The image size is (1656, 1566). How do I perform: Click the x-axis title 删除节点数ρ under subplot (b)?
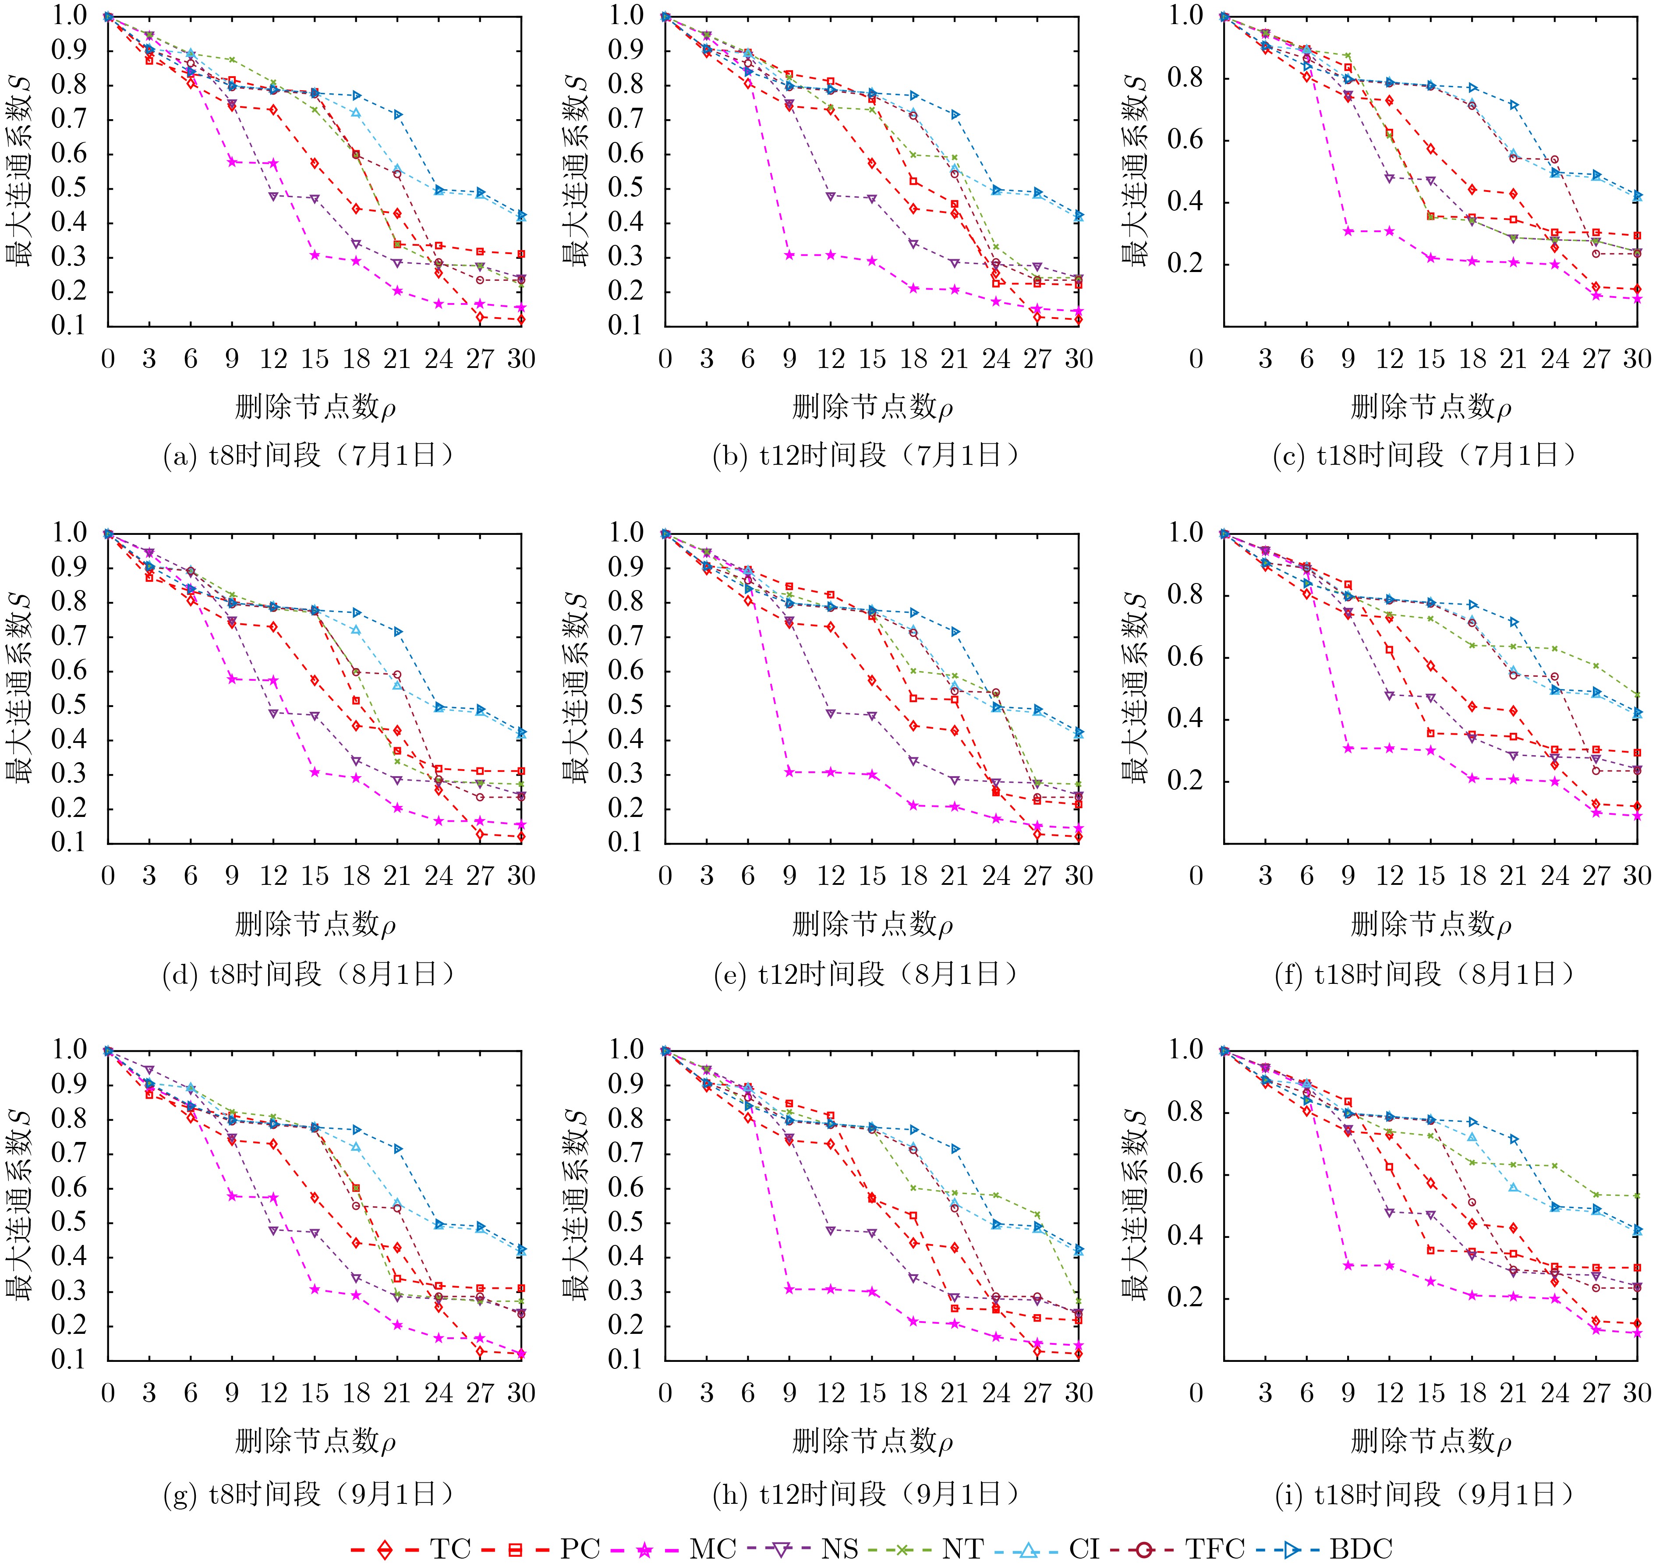pyautogui.click(x=872, y=407)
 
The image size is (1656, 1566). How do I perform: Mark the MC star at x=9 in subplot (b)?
pyautogui.click(x=789, y=255)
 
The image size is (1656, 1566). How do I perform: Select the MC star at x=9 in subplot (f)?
pyautogui.click(x=1348, y=748)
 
